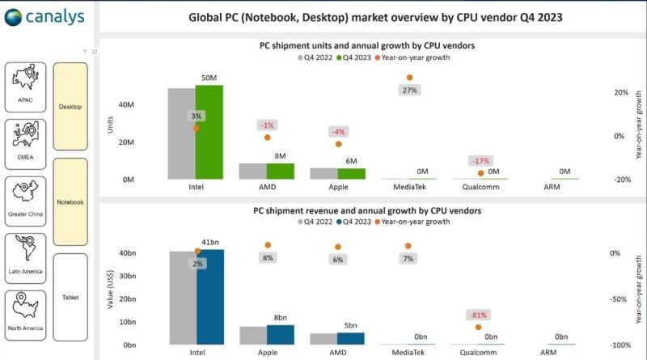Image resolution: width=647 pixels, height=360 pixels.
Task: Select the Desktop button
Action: click(x=70, y=106)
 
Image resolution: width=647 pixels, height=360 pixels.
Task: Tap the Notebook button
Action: click(x=70, y=201)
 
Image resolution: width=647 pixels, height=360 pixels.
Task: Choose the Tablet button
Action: click(x=70, y=297)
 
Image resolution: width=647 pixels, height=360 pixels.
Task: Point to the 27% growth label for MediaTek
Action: click(x=409, y=90)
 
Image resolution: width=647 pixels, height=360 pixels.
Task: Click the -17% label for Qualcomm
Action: click(x=481, y=160)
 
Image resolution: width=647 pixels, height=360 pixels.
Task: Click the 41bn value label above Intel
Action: click(x=209, y=243)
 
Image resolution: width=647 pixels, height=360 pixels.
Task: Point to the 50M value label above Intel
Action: click(x=209, y=78)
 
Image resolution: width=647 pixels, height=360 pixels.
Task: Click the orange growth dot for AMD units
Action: click(x=267, y=138)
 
